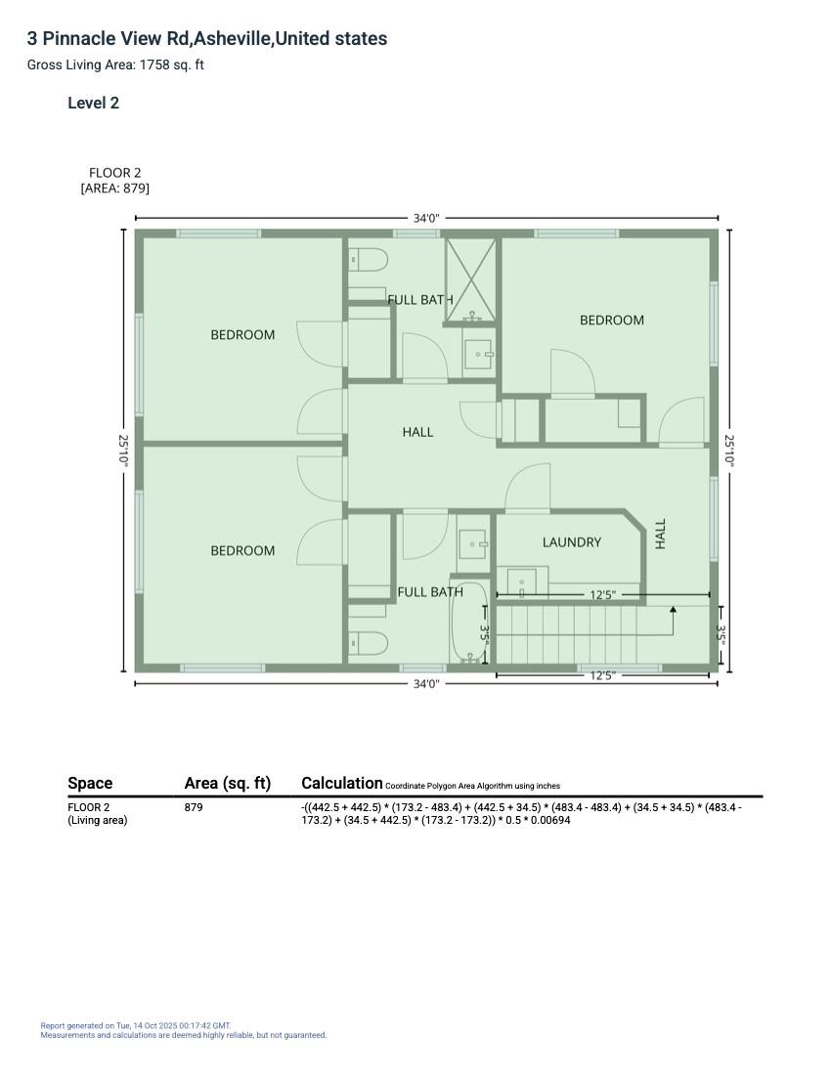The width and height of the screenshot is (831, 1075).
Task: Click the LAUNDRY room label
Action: click(572, 542)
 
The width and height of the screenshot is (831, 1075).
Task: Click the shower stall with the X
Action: click(471, 278)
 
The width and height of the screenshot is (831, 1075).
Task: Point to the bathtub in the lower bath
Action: click(468, 623)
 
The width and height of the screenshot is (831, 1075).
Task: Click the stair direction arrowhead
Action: click(673, 611)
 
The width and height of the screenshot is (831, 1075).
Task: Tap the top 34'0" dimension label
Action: click(426, 219)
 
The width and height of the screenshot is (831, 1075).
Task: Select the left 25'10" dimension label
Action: click(124, 451)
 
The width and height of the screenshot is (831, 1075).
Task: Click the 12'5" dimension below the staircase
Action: click(602, 675)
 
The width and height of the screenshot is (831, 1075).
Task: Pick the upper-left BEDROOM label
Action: click(242, 335)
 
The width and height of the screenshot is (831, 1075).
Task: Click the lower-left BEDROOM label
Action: click(242, 551)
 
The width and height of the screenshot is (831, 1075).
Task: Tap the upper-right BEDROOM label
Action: click(612, 321)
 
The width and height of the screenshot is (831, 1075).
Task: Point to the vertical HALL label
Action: click(661, 534)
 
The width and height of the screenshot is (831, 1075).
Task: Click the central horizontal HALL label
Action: click(417, 432)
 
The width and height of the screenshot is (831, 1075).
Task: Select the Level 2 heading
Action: click(93, 104)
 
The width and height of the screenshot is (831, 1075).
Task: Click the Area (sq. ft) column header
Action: click(228, 783)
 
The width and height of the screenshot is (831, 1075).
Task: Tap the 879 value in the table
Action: click(194, 808)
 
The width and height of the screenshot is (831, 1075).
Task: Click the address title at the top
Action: click(207, 39)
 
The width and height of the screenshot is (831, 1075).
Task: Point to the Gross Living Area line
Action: click(115, 65)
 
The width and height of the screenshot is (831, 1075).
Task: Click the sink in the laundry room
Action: click(522, 583)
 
